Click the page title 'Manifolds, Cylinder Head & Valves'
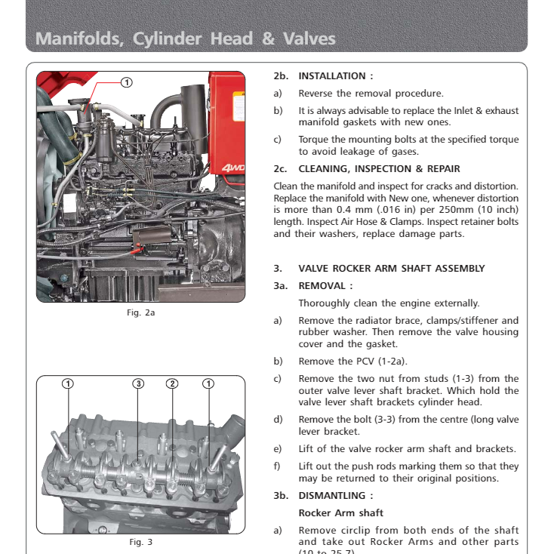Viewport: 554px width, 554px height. [x=186, y=38]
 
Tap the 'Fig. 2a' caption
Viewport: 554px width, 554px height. [x=140, y=312]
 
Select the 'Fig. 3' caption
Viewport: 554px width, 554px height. [x=140, y=542]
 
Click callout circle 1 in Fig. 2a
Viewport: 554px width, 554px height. [x=127, y=82]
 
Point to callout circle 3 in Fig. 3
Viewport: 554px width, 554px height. [x=138, y=383]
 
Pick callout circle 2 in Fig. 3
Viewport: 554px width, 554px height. [x=172, y=383]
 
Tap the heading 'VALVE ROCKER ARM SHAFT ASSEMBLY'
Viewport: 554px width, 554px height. [x=391, y=269]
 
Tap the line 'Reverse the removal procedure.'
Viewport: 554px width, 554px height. [x=371, y=94]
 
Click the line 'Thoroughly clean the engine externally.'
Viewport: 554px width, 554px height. [x=389, y=303]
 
